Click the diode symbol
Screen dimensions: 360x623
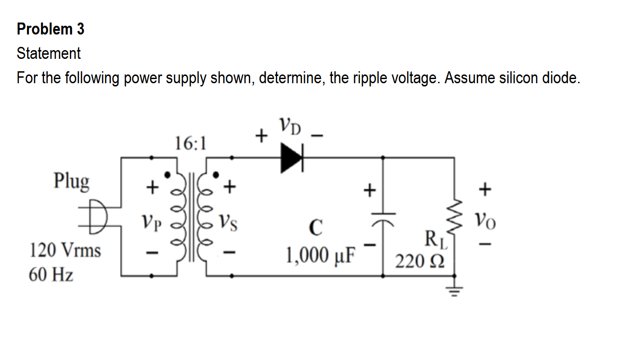click(x=292, y=158)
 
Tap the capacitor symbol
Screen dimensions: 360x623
click(x=383, y=216)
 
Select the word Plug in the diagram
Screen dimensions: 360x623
click(x=71, y=181)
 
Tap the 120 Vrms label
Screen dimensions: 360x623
click(x=65, y=251)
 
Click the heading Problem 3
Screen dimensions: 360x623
click(x=51, y=29)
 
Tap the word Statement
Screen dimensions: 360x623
click(x=49, y=53)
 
